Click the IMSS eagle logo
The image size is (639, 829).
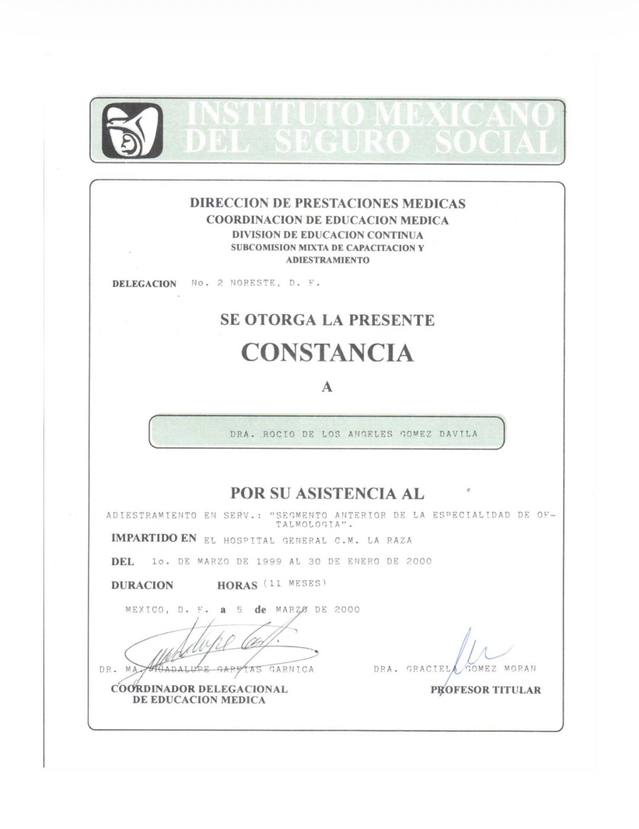pyautogui.click(x=132, y=131)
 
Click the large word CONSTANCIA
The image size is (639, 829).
pyautogui.click(x=327, y=353)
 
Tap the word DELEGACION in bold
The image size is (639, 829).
pyautogui.click(x=144, y=284)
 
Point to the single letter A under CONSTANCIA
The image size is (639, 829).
pyautogui.click(x=327, y=387)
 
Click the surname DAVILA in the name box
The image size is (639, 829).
pyautogui.click(x=458, y=434)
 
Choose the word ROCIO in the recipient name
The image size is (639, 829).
pyautogui.click(x=280, y=434)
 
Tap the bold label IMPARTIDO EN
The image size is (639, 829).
pyautogui.click(x=154, y=539)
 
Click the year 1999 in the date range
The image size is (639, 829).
pyautogui.click(x=269, y=561)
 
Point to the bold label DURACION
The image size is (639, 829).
pyautogui.click(x=142, y=585)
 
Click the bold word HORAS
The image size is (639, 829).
pyautogui.click(x=237, y=585)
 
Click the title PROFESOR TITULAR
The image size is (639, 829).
pyautogui.click(x=486, y=690)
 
